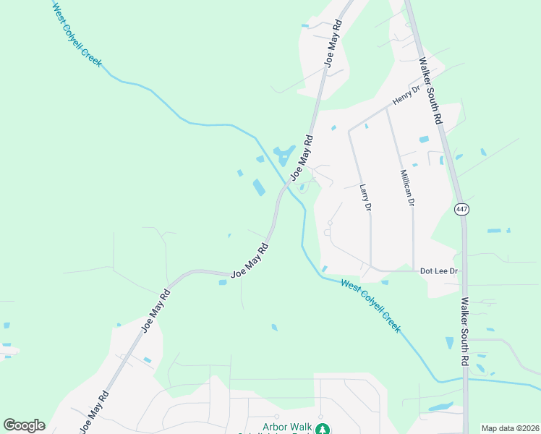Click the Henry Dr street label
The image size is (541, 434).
click(406, 95)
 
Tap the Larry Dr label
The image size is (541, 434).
click(365, 197)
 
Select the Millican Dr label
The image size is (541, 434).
click(407, 188)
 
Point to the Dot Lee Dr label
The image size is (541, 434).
click(440, 271)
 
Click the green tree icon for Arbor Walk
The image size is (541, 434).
click(325, 428)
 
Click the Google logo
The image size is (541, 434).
click(24, 425)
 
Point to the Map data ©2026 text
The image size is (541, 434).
click(510, 428)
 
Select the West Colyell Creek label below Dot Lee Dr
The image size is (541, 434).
click(370, 305)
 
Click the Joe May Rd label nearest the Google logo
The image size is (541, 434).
click(95, 412)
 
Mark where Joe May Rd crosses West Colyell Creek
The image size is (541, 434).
click(288, 183)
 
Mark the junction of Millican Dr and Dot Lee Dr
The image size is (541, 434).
click(413, 271)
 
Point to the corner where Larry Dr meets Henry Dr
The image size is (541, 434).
click(349, 131)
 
